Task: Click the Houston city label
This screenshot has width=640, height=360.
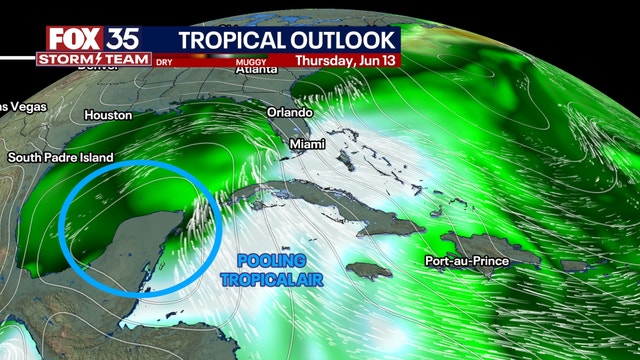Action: tap(108, 115)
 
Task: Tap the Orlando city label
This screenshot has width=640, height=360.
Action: tap(290, 112)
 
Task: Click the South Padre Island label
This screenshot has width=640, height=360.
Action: tap(60, 158)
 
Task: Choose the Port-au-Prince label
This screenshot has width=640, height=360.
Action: tap(466, 261)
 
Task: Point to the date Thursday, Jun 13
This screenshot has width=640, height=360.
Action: tap(346, 60)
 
